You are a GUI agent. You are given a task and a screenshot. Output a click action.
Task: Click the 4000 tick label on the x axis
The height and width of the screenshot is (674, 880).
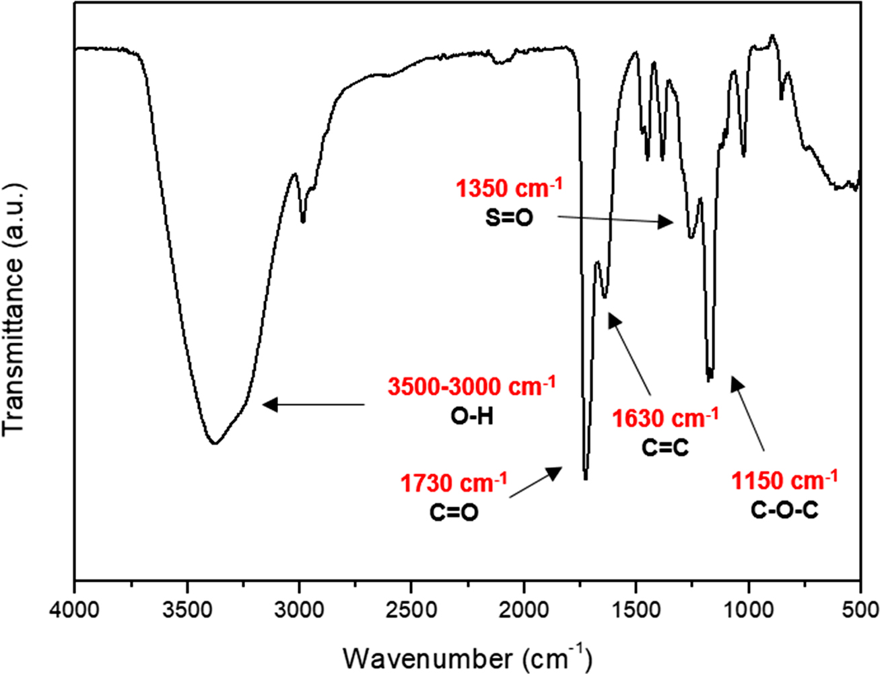75,610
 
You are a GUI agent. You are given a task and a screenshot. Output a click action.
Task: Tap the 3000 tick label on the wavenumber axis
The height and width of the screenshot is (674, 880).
299,610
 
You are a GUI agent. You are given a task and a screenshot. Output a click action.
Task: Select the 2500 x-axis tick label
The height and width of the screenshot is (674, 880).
411,610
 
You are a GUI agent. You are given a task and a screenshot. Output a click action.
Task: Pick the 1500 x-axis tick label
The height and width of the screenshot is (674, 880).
636,610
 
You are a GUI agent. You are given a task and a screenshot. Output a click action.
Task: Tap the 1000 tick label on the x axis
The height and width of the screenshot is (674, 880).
748,610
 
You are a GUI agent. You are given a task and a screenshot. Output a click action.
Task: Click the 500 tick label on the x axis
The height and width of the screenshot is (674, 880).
860,610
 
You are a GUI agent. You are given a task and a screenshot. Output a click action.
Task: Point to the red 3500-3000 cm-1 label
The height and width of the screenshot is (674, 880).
471,387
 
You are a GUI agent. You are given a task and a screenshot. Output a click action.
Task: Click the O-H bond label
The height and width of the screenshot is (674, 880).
471,417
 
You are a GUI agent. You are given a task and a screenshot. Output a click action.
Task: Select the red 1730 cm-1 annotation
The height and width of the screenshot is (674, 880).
454,483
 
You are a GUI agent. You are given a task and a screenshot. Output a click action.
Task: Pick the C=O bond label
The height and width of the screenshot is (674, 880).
454,513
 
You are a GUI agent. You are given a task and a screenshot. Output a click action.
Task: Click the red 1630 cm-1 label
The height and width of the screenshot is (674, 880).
665,418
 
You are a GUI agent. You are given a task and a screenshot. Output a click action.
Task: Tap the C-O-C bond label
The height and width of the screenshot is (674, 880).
784,510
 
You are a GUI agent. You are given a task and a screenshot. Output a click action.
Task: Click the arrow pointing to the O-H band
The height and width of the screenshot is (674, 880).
313,404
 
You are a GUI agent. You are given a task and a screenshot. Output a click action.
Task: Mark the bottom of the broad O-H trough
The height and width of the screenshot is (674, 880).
214,443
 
